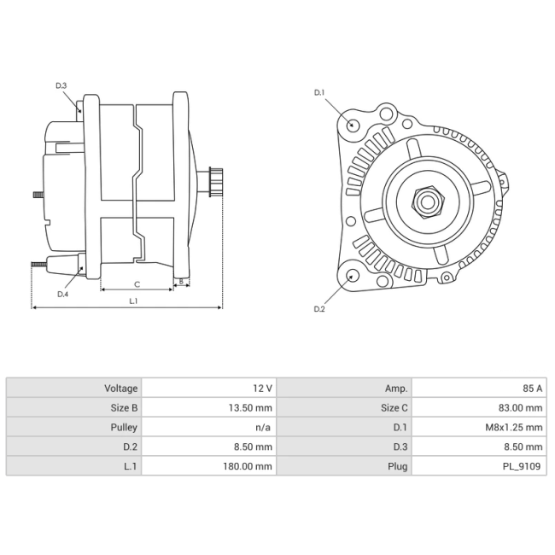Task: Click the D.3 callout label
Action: (x=61, y=85)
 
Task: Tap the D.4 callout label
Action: (x=62, y=294)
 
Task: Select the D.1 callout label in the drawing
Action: (x=319, y=93)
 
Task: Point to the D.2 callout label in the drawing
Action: (x=319, y=309)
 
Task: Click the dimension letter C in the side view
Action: (x=137, y=284)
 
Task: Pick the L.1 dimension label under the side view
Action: (x=133, y=301)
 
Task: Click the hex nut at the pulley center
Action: (x=428, y=202)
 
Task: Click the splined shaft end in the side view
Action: (x=216, y=182)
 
